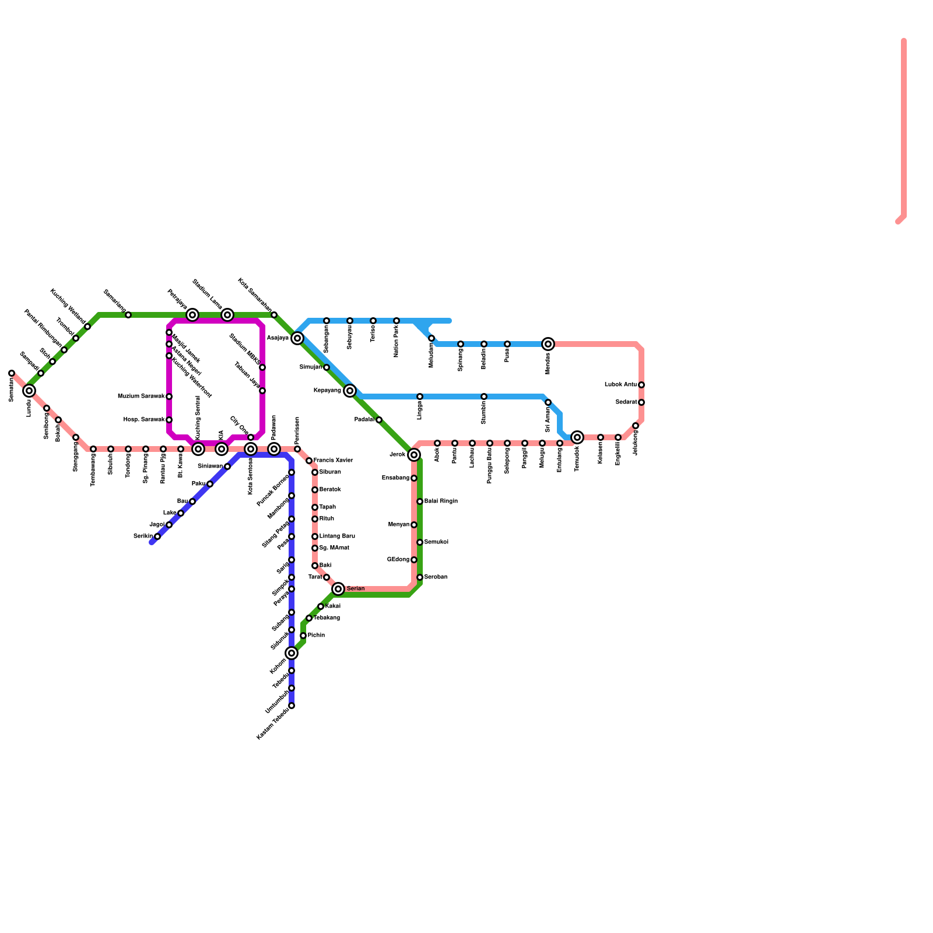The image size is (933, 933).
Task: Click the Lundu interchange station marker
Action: tap(29, 391)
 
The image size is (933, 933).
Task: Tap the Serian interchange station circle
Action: tap(338, 589)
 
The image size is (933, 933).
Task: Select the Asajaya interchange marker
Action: tap(297, 338)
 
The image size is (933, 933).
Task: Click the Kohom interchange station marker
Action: tap(292, 653)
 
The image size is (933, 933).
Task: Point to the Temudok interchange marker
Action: tap(577, 437)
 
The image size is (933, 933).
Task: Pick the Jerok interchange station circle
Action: tap(414, 455)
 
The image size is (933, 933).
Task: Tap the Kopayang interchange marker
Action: tap(350, 391)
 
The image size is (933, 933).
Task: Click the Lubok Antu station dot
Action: tap(641, 385)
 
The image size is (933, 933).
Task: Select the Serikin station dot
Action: tap(157, 536)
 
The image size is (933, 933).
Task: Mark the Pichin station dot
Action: tap(303, 636)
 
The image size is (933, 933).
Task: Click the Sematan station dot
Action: tap(12, 373)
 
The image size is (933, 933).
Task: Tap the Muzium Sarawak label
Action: tap(142, 397)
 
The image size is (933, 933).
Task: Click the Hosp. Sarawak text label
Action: tap(144, 420)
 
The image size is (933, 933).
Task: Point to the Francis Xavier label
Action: tap(333, 461)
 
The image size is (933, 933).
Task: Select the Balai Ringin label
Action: tap(441, 501)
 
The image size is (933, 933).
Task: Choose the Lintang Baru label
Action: tap(337, 536)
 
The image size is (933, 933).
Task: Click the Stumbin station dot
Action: tap(484, 397)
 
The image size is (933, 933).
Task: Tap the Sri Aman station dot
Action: tap(548, 402)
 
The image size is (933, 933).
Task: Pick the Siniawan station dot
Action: tap(227, 466)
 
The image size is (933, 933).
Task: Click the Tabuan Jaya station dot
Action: tap(262, 391)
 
